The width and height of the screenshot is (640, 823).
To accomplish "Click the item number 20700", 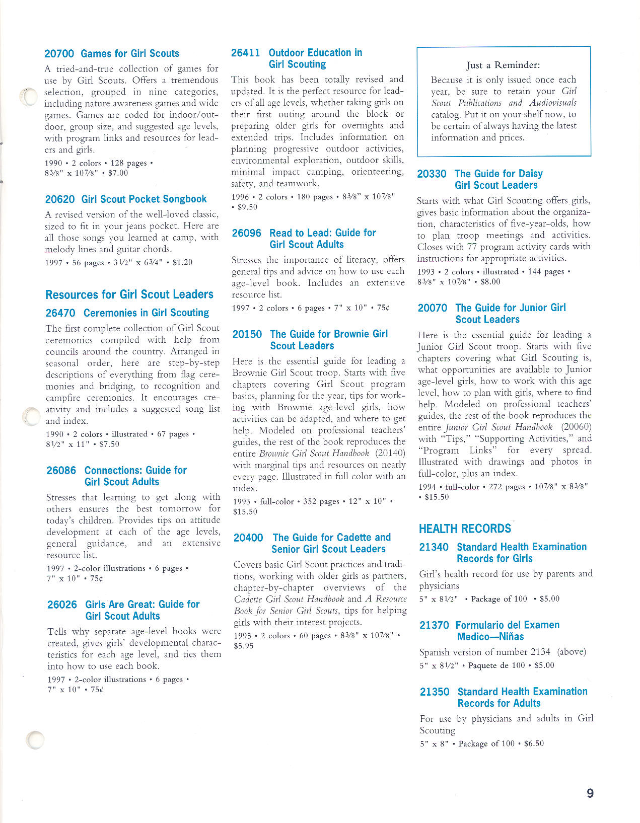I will click(x=59, y=54).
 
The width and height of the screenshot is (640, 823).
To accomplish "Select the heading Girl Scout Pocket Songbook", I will click(x=144, y=199).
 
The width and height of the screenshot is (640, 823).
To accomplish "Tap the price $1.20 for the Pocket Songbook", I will click(x=182, y=262).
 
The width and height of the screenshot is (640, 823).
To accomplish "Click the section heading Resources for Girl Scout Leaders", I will click(x=129, y=294).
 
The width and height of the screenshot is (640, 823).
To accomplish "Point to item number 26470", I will click(x=60, y=313).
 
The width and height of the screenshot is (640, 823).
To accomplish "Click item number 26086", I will click(x=61, y=471).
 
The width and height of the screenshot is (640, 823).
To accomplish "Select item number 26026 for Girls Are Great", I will click(x=62, y=605).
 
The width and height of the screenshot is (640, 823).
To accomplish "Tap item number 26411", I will click(x=245, y=53).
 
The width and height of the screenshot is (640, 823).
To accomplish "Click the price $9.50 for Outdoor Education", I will click(x=247, y=207).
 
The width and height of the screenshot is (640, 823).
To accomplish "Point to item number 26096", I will click(x=246, y=233).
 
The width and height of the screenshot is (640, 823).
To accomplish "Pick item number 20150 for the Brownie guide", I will click(x=247, y=334).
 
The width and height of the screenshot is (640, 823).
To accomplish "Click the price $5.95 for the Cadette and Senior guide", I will click(x=244, y=646).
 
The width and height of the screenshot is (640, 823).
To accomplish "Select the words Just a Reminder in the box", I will click(x=503, y=65).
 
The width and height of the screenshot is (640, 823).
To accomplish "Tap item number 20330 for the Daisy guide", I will click(x=432, y=174).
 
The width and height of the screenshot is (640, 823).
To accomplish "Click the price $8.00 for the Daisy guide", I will click(x=490, y=282).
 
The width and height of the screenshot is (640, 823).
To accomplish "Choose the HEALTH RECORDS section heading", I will click(x=465, y=529).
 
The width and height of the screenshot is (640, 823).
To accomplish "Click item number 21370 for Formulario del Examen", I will click(x=434, y=625).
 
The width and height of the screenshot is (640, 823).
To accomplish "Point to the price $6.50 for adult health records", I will click(x=534, y=743).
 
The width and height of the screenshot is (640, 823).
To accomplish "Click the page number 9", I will click(x=590, y=793).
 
